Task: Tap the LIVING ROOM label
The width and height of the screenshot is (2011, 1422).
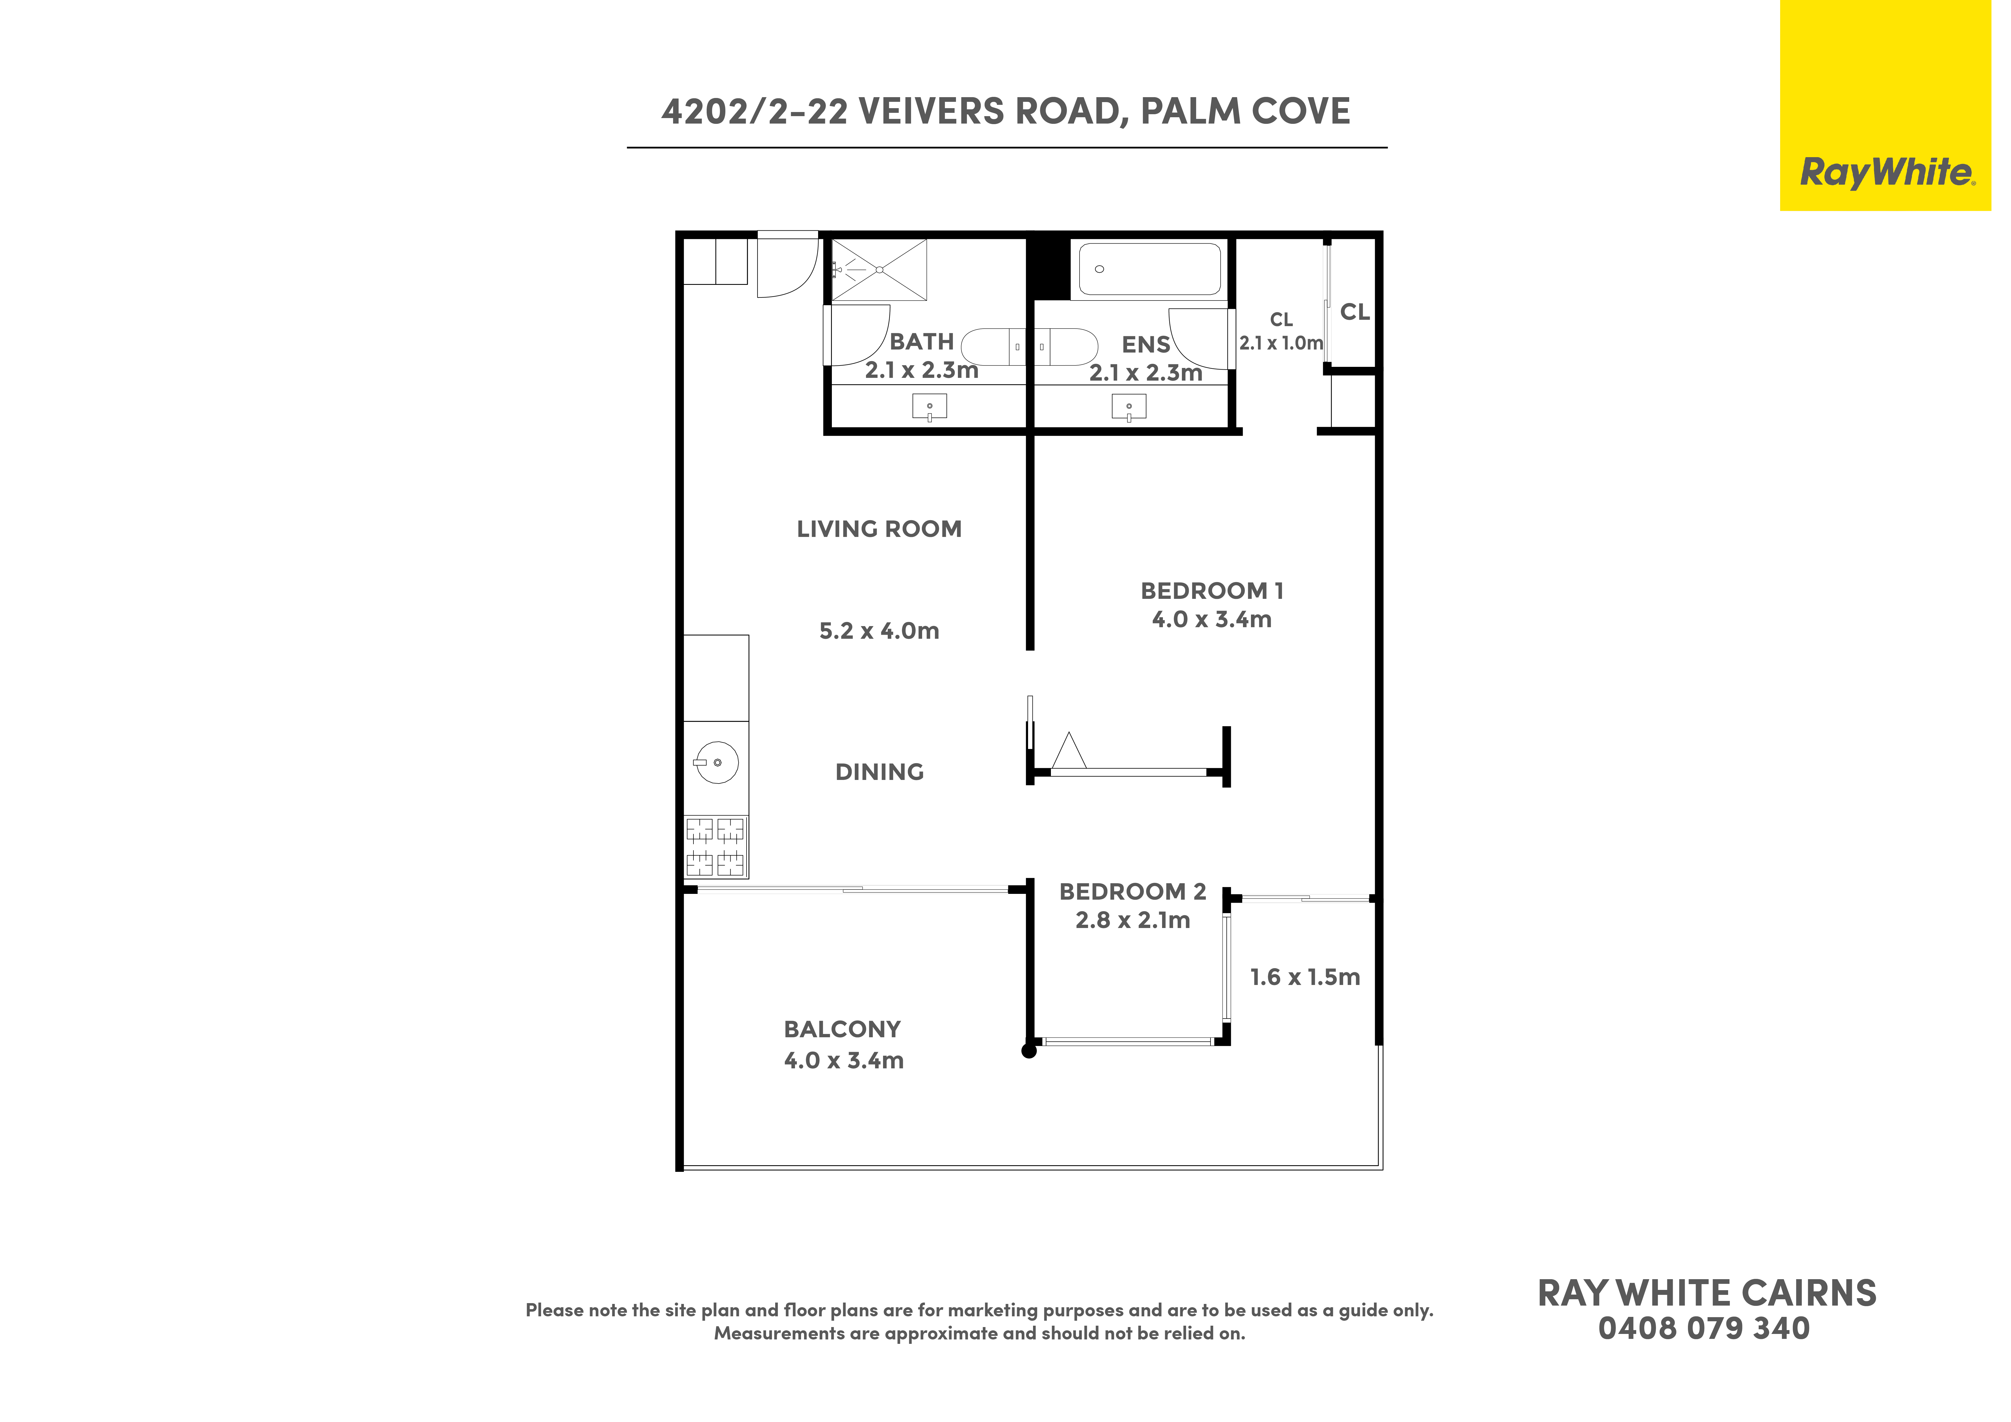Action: [879, 529]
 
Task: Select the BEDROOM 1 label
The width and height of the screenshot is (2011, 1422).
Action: [1212, 591]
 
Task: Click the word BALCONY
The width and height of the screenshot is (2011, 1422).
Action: [843, 1030]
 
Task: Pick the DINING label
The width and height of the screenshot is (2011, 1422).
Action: [879, 772]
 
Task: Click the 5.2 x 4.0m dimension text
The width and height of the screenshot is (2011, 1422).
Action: [879, 631]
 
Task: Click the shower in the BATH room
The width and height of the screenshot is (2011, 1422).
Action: [879, 270]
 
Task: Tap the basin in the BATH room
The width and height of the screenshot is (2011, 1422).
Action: [929, 407]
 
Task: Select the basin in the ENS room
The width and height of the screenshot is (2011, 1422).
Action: [1129, 407]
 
